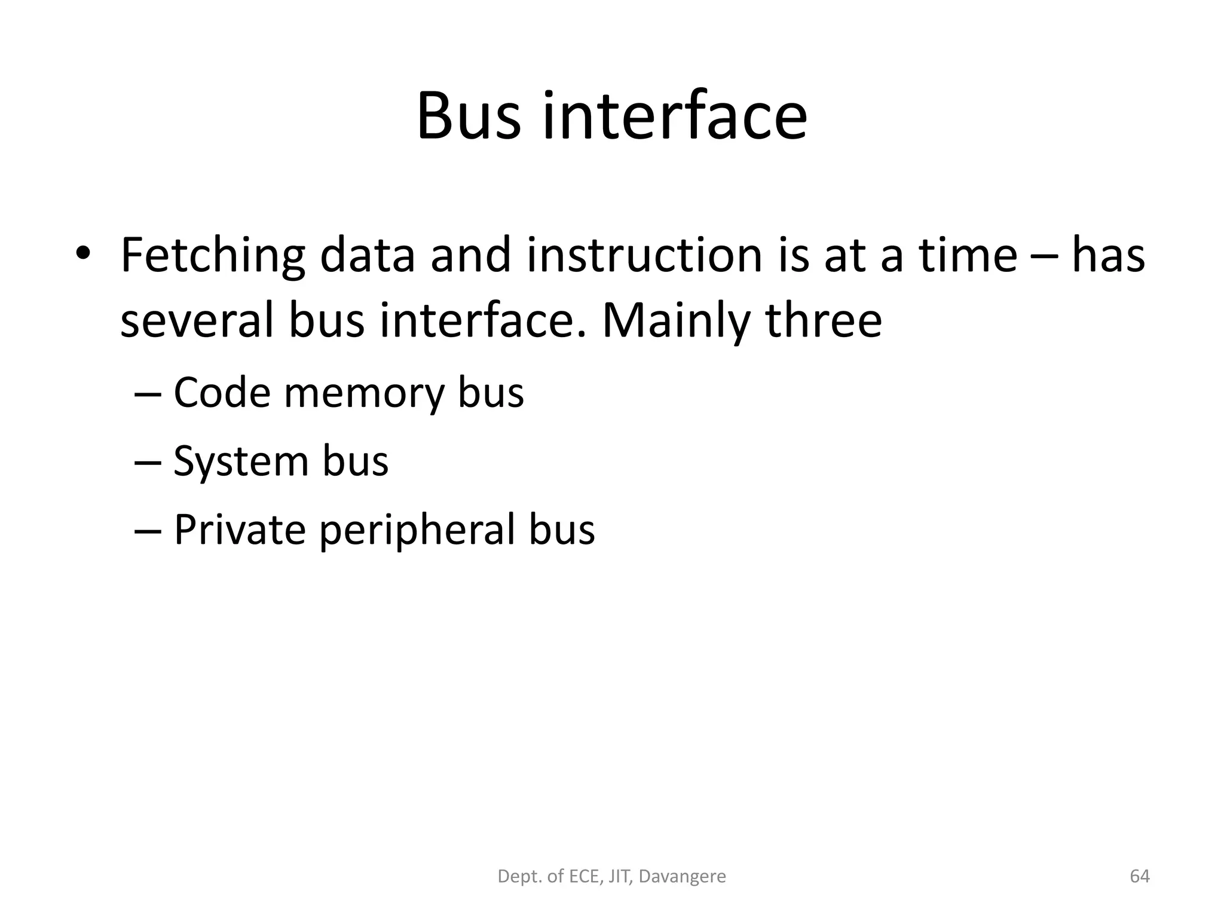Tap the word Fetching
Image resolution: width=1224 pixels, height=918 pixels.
pyautogui.click(x=212, y=256)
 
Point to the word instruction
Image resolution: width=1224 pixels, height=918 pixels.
pyautogui.click(x=644, y=256)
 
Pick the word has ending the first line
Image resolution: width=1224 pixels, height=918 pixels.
pyautogui.click(x=1108, y=256)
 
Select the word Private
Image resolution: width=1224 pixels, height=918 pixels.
pyautogui.click(x=240, y=530)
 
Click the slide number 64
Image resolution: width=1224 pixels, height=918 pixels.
pyautogui.click(x=1140, y=877)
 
